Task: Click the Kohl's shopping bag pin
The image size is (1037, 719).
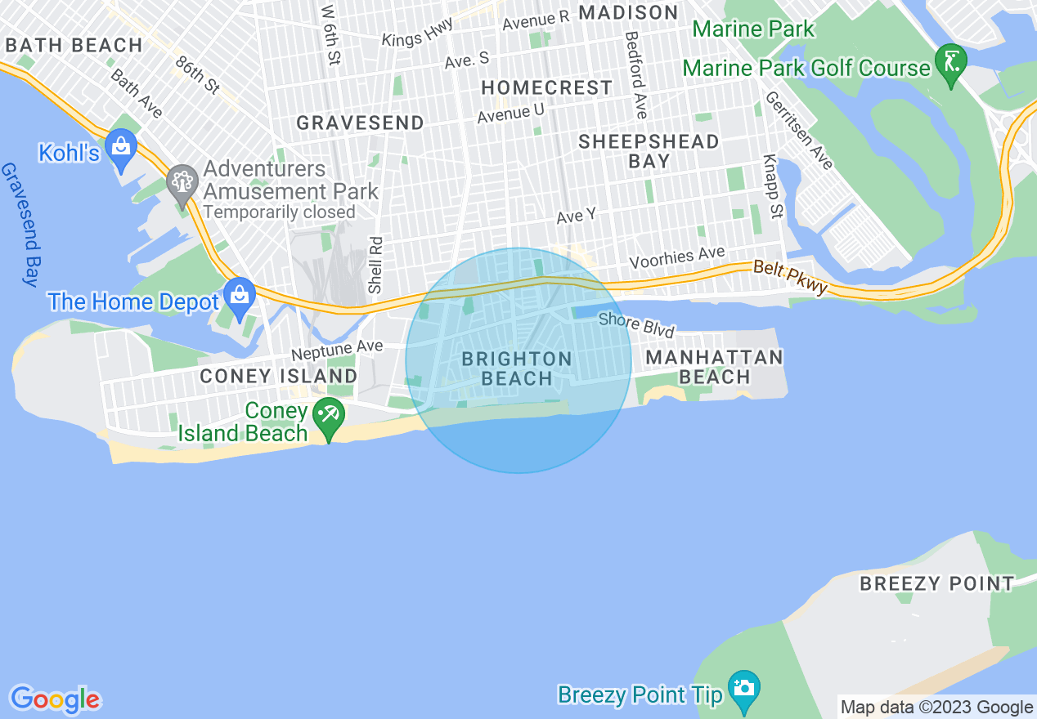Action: (x=122, y=148)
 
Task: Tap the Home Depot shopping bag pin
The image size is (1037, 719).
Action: (x=240, y=297)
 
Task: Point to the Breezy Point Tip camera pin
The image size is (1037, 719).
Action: (x=743, y=690)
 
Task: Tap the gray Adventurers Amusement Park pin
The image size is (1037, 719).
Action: (x=181, y=182)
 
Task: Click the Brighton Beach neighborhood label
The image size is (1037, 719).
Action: (x=517, y=368)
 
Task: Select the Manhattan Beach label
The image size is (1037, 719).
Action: (x=714, y=367)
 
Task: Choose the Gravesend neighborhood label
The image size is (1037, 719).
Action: (x=360, y=123)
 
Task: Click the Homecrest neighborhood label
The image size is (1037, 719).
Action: (x=546, y=87)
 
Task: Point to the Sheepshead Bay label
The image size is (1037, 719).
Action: (x=649, y=151)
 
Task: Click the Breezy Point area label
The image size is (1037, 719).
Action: (x=936, y=583)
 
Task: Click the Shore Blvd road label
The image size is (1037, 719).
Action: (x=636, y=324)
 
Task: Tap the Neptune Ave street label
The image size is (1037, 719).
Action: (x=337, y=349)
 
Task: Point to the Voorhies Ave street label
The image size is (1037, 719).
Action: (x=676, y=257)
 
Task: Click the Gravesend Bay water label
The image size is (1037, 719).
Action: (x=20, y=224)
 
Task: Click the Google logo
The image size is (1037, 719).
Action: (x=55, y=699)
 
